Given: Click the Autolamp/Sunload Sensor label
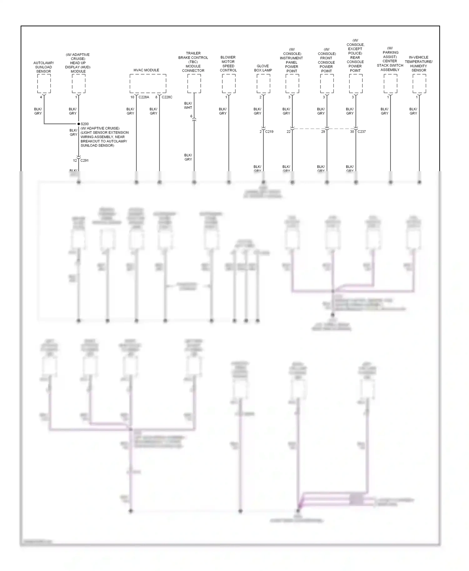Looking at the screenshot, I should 43,67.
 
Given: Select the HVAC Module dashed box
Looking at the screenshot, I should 148,83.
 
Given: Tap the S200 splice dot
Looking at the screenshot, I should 79,124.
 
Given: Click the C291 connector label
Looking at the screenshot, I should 84,161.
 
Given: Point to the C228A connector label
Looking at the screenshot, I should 144,97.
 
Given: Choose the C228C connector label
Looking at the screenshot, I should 167,97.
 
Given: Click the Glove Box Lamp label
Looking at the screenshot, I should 263,68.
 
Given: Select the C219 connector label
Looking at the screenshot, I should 269,132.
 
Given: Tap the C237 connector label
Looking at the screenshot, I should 361,132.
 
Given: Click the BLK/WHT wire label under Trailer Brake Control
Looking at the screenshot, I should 188,106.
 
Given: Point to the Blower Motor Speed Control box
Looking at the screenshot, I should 229,83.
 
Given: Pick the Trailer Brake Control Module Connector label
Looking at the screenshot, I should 193,62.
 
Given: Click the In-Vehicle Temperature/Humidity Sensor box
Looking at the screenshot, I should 419,83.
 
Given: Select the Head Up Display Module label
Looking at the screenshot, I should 78,63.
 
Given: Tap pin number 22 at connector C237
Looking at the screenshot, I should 289,132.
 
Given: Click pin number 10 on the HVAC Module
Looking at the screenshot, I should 132,97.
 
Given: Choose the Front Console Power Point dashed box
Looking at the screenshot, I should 327,83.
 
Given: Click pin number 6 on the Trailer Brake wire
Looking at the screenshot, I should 191,116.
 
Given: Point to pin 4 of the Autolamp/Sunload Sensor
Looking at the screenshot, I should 41,97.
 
